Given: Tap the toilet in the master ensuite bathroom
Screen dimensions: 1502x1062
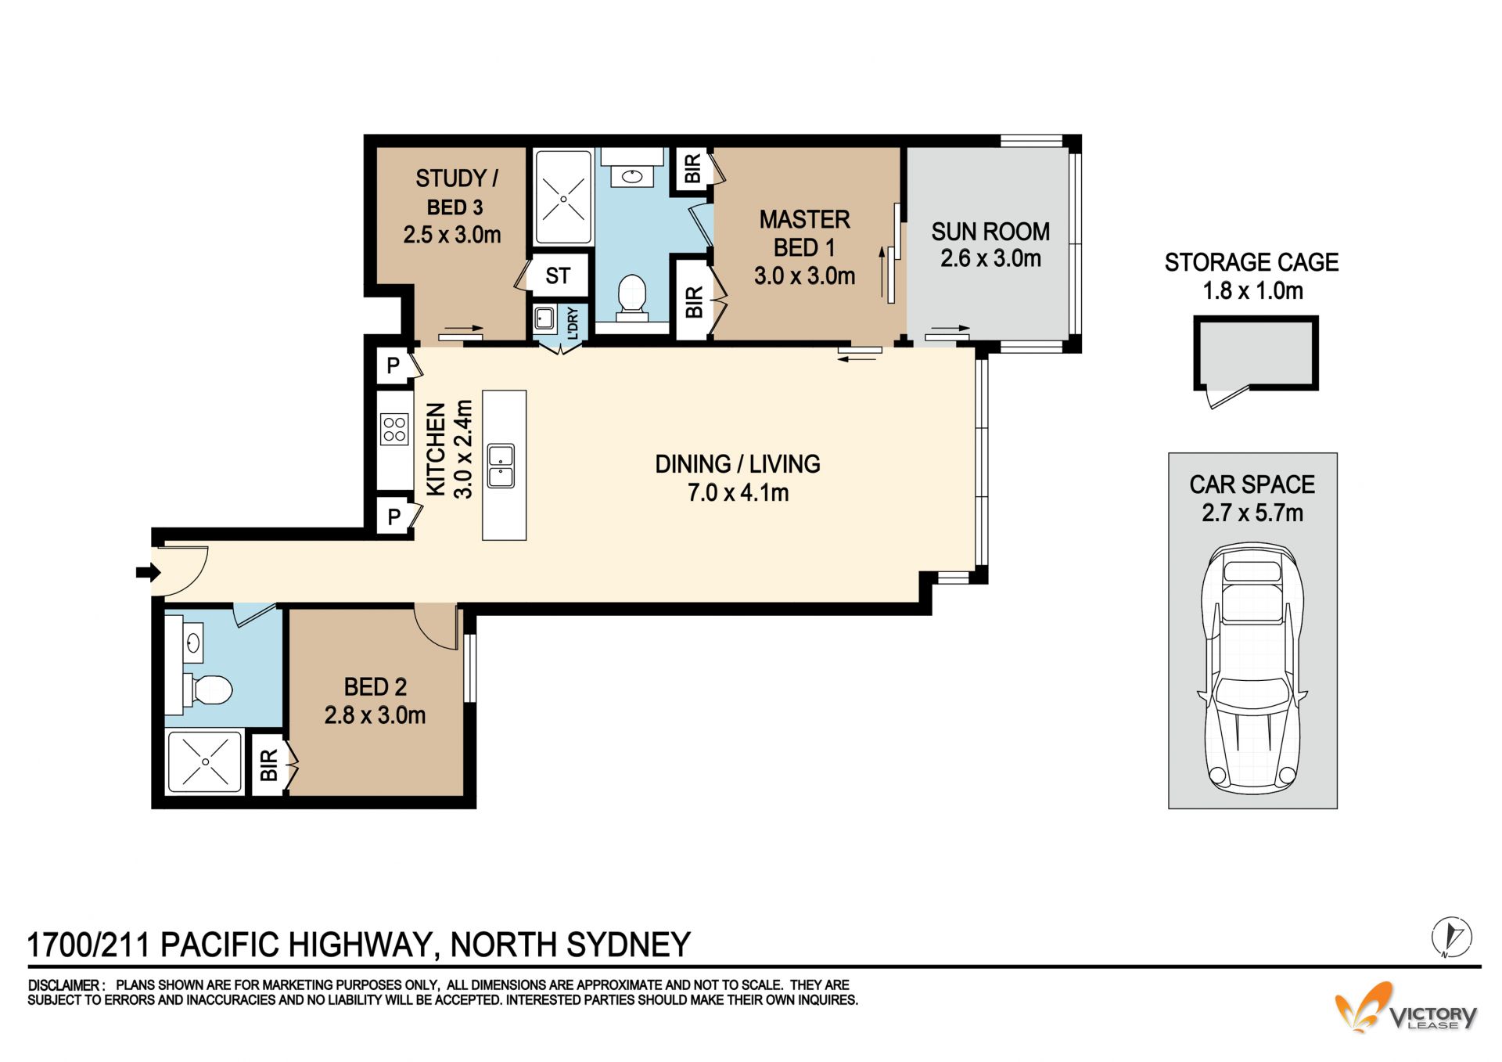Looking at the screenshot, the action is point(632,298).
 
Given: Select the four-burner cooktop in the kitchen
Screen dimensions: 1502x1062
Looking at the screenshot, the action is point(394,429).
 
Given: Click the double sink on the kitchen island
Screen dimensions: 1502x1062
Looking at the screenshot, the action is point(501,466).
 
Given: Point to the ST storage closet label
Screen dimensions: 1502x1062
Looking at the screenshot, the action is point(558,275).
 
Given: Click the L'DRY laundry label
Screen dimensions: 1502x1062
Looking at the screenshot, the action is point(573,323).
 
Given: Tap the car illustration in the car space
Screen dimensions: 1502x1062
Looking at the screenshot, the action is point(1252,668).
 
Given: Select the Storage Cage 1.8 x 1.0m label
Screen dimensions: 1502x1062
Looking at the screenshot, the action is point(1252,276).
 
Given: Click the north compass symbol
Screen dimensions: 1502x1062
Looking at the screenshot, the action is point(1452,936).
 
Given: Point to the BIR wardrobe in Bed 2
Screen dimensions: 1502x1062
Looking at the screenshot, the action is point(268,765).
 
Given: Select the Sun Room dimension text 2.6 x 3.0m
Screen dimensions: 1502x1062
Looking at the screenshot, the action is point(990,258).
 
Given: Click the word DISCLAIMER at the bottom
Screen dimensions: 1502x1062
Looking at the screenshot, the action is point(64,985).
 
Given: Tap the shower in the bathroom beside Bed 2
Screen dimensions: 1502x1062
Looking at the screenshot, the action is point(205,761).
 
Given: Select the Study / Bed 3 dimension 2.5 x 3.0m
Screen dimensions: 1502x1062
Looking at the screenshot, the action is point(452,235).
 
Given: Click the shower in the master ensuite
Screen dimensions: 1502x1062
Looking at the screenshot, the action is point(563,197).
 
